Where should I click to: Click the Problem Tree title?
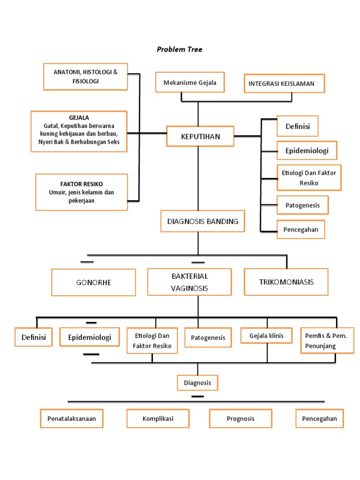tap(180, 49)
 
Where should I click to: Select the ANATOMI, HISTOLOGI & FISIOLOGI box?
tap(85, 76)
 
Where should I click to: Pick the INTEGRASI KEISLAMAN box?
tap(284, 84)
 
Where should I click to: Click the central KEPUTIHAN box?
tap(200, 136)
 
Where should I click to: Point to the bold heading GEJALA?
tap(79, 118)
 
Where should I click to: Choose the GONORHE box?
tap(93, 283)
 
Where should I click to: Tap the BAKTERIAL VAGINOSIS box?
tap(189, 282)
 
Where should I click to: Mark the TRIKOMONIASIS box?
tap(286, 282)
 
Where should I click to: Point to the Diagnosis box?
tap(197, 382)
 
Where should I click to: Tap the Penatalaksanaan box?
tap(72, 419)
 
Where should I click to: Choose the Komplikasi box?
tap(158, 419)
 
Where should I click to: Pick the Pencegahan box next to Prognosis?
tap(319, 419)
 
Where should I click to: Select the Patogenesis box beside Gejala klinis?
tap(208, 337)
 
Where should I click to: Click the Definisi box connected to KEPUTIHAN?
tap(297, 127)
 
